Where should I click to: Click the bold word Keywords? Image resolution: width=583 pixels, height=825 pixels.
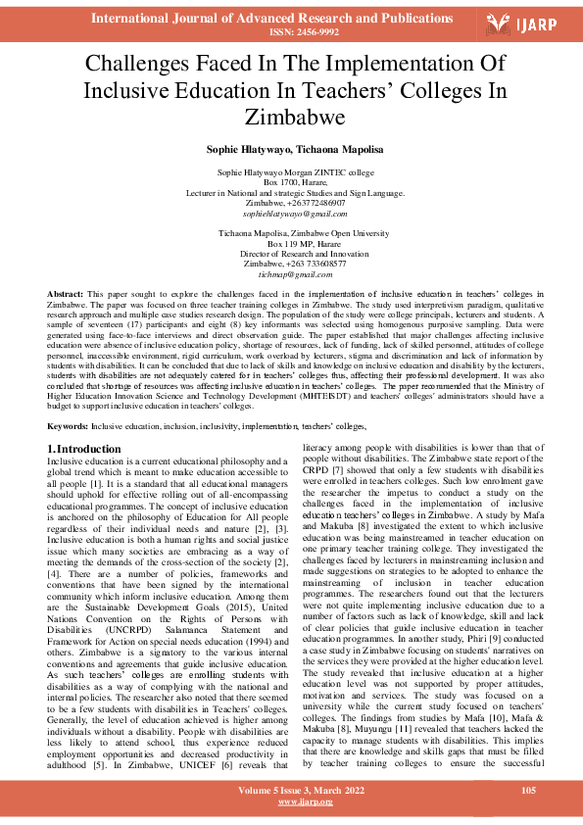69,427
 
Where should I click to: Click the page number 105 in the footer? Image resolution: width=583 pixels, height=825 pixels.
527,790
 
